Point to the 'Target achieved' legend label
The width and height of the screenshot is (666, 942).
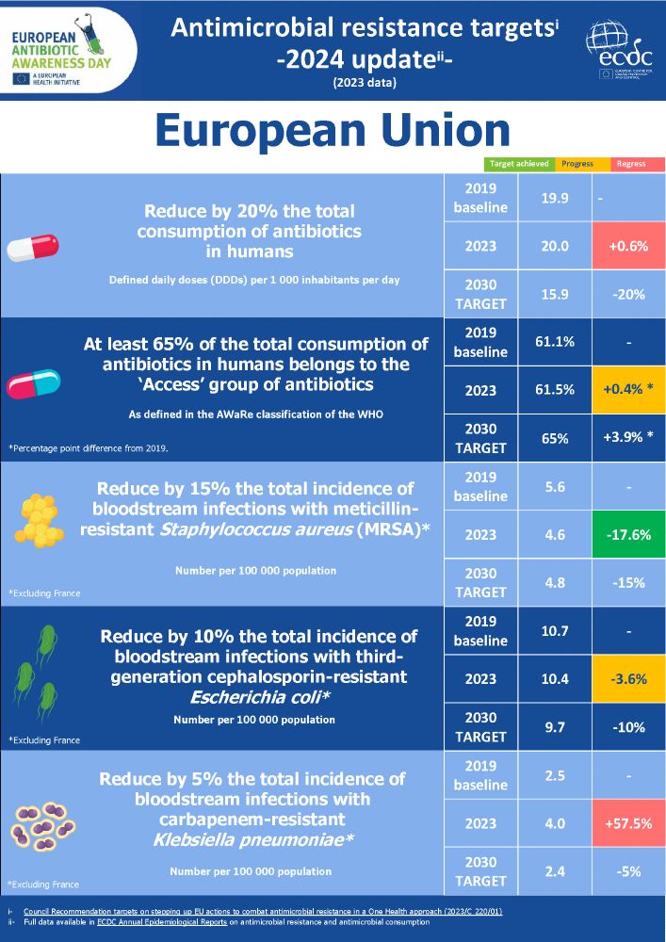pyautogui.click(x=519, y=164)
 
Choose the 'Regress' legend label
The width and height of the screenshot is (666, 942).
pyautogui.click(x=630, y=164)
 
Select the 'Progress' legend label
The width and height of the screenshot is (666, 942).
pyautogui.click(x=577, y=164)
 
